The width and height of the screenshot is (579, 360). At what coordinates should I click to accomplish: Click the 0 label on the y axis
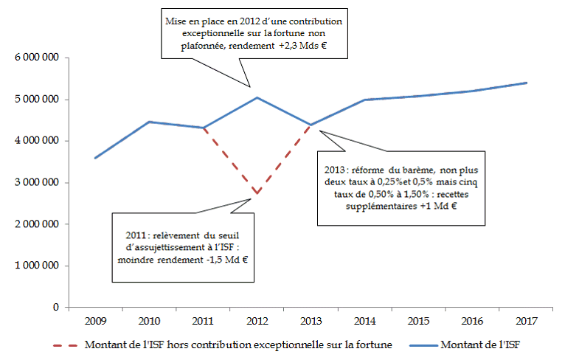[57, 307]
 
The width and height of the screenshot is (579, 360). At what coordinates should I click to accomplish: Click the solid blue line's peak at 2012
[256, 97]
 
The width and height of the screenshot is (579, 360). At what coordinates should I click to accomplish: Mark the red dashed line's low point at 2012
[256, 194]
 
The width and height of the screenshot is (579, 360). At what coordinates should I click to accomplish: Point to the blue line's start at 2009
[95, 158]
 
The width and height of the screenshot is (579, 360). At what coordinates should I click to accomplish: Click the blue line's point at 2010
[149, 122]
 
